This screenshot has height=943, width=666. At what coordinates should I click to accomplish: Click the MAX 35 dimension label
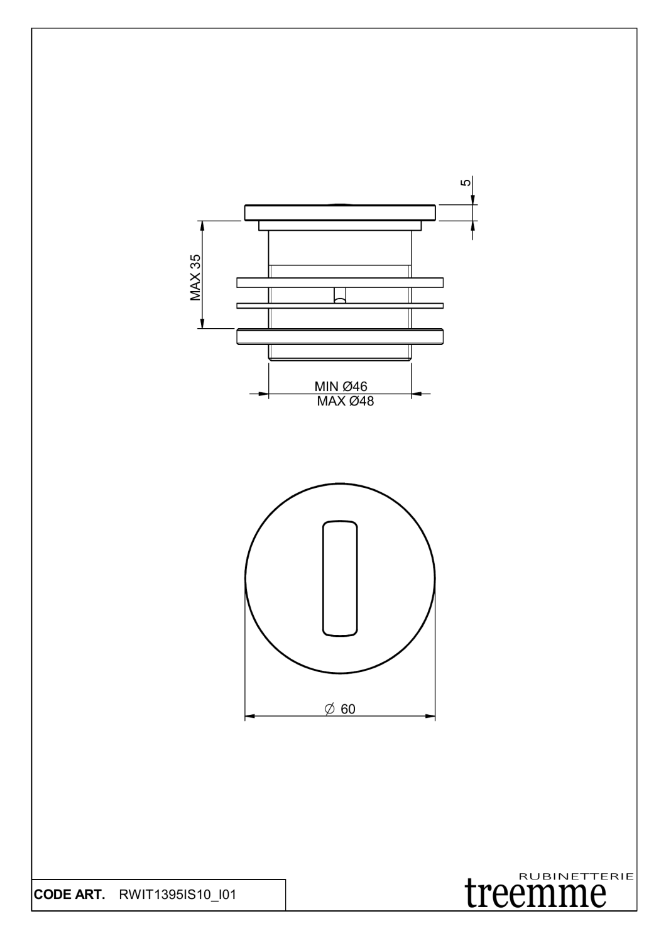pyautogui.click(x=195, y=277)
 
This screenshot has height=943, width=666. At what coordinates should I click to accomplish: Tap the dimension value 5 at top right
pyautogui.click(x=465, y=182)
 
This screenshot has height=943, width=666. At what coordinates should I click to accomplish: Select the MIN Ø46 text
pyautogui.click(x=341, y=387)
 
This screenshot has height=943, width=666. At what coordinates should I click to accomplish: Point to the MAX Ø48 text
pyautogui.click(x=345, y=401)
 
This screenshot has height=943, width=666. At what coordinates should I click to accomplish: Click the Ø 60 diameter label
pyautogui.click(x=341, y=709)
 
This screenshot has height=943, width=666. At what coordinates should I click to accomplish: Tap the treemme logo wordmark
pyautogui.click(x=536, y=893)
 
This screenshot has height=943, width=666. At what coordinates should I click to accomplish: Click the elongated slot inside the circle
pyautogui.click(x=340, y=578)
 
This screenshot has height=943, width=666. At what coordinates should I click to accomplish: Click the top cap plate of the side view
pyautogui.click(x=339, y=212)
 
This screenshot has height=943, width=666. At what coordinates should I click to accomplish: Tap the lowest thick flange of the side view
pyautogui.click(x=339, y=336)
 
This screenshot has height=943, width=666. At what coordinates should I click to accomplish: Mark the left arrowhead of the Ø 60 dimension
pyautogui.click(x=249, y=716)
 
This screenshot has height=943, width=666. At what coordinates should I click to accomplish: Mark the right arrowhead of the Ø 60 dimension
pyautogui.click(x=431, y=716)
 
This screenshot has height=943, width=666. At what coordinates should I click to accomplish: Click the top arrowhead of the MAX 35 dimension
pyautogui.click(x=202, y=224)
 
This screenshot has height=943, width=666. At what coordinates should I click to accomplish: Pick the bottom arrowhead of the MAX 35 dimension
pyautogui.click(x=202, y=324)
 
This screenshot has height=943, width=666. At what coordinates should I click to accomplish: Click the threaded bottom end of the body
pyautogui.click(x=339, y=353)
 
